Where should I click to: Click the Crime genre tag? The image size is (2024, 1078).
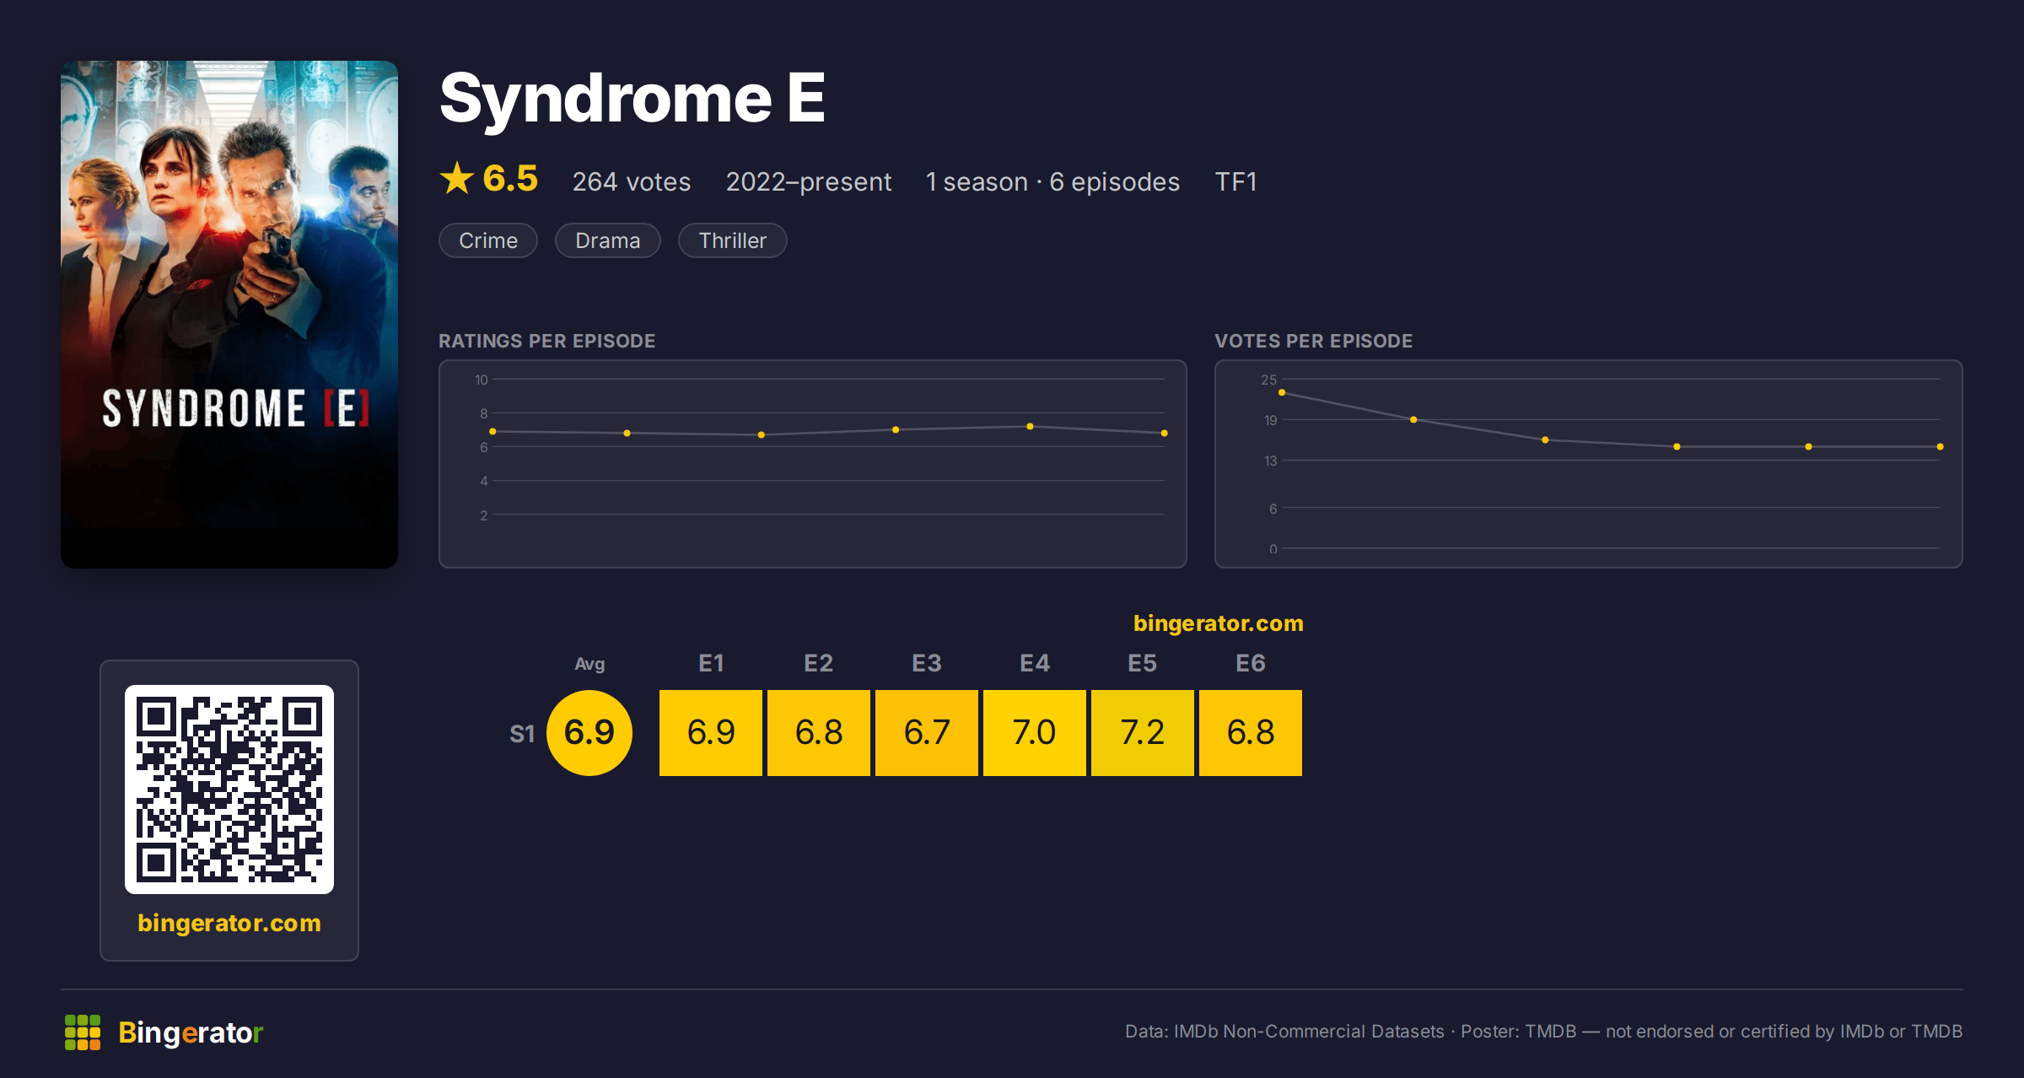(488, 240)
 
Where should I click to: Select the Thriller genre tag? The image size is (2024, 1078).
(732, 240)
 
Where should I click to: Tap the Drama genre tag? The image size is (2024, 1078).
(607, 240)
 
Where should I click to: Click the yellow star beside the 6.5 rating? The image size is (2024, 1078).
(457, 178)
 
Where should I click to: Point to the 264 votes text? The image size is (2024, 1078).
(632, 181)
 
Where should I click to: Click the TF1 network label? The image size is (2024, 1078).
(1235, 181)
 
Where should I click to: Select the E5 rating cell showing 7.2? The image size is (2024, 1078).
(1142, 732)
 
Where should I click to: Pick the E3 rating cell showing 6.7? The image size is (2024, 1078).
(926, 732)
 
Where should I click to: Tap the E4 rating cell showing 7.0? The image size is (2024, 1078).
(1034, 732)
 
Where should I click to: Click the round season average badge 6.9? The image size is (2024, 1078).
(589, 732)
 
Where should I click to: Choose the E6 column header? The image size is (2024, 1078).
(1250, 663)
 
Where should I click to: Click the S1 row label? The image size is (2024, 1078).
(522, 734)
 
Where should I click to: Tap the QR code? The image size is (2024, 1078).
(229, 790)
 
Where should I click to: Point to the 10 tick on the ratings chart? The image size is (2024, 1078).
(481, 380)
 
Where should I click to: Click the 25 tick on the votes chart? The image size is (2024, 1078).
(1268, 380)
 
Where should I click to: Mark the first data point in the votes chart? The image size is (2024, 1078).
(1282, 392)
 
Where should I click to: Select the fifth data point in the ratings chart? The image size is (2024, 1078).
(1030, 426)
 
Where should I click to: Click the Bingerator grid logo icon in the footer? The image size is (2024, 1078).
(83, 1032)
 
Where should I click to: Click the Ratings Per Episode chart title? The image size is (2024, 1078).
(546, 341)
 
